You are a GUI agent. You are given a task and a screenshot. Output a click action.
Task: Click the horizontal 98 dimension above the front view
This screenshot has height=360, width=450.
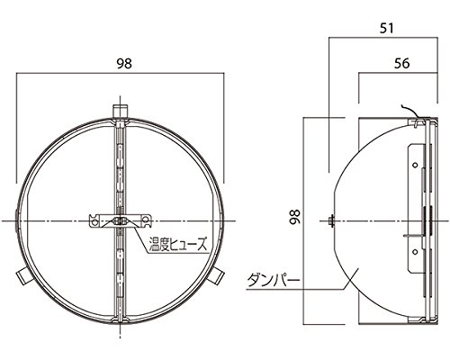(124, 64)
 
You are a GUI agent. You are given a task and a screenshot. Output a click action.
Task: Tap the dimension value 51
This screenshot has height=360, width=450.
(386, 29)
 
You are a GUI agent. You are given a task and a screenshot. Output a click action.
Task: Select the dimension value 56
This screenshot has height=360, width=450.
(401, 63)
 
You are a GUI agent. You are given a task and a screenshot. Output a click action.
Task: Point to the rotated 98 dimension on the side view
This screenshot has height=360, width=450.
(295, 217)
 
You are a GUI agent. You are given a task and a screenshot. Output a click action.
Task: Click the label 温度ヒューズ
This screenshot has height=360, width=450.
(178, 243)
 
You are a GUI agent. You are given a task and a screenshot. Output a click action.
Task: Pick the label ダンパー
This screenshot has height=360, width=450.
(274, 281)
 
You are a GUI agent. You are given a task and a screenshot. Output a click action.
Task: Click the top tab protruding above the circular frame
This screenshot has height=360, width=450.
(121, 111)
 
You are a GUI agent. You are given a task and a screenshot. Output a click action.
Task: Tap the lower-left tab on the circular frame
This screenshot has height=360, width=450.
(24, 276)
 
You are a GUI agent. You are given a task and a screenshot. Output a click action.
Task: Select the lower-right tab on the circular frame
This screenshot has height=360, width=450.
(216, 276)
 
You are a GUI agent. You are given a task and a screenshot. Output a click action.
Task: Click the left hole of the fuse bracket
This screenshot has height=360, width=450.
(94, 222)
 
